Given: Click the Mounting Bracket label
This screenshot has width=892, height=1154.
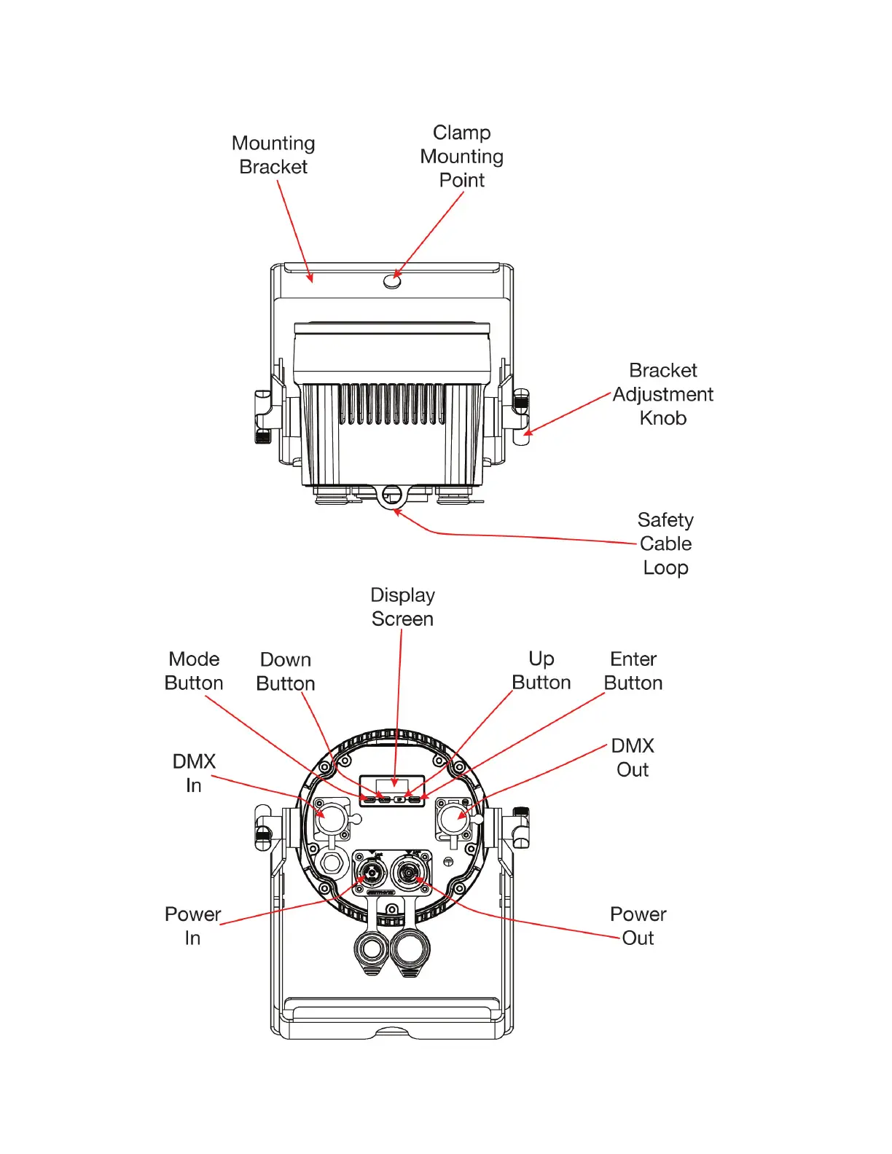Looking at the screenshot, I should pos(273,155).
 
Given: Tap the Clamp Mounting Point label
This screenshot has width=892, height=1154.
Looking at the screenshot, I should pos(461,157).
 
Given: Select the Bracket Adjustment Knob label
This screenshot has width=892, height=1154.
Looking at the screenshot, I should pos(662,394).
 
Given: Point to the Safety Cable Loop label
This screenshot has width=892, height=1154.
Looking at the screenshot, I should pos(665,543).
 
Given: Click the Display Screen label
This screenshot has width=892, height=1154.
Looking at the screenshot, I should pos(402,607).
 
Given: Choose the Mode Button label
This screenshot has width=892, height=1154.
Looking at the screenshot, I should pos(194,671).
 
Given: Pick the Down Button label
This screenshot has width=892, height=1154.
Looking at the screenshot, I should pos(286,672).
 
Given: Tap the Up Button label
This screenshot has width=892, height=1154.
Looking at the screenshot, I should pos(541,671).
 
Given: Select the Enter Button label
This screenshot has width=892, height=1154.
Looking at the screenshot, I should pos(633,671).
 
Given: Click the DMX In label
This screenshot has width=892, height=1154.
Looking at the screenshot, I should pos(194,773).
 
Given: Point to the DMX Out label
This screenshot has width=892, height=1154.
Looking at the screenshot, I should pos(633,758).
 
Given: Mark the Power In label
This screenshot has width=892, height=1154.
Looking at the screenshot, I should pos(192,926).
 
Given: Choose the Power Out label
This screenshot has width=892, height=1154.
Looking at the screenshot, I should pos(638,926).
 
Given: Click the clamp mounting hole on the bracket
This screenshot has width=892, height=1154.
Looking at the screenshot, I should pos(392,280).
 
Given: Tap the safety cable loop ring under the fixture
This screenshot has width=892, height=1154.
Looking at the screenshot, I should pos(391,495).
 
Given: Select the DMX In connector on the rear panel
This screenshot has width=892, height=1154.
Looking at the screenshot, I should pos(331,818).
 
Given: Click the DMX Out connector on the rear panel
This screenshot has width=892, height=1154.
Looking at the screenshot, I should pos(452,818).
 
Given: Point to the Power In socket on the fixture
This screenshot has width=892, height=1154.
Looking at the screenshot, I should pos(371,871).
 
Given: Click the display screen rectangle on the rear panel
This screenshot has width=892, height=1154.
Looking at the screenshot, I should pos(392,786).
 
